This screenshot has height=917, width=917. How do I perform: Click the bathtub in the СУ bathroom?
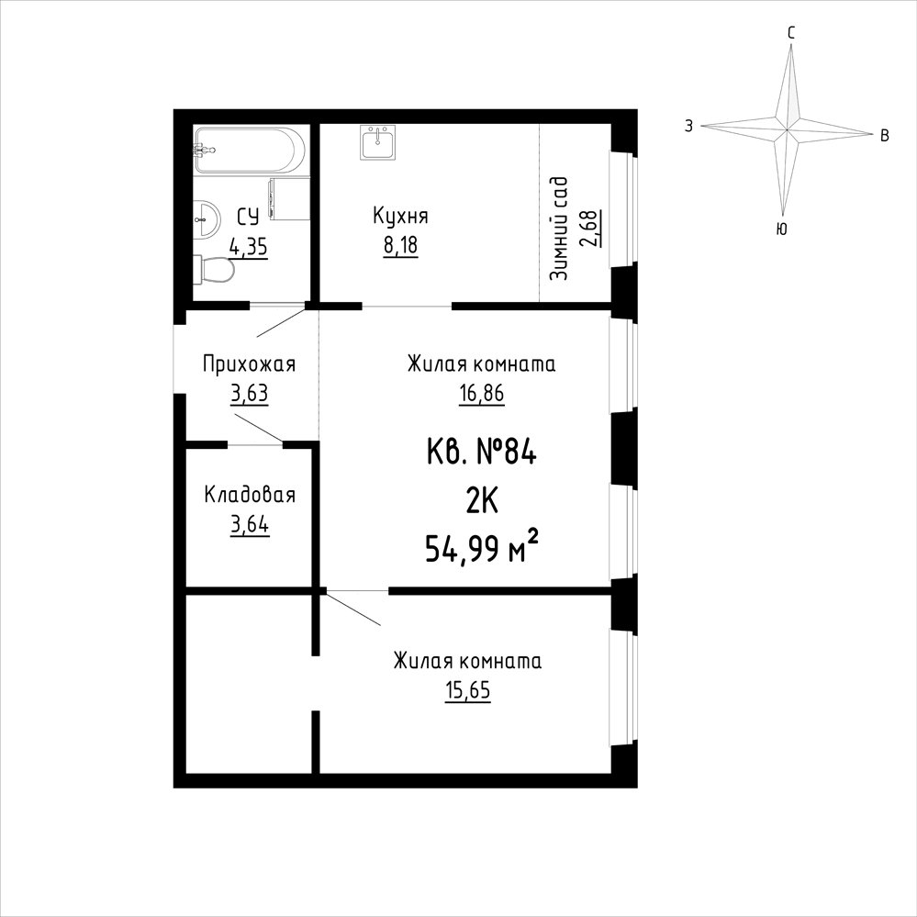point(250,150)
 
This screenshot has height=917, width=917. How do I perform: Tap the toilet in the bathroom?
point(214,270)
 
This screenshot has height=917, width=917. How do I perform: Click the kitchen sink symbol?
point(378,142)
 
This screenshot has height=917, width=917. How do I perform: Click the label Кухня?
point(400,216)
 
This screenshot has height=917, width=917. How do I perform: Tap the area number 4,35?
point(249,247)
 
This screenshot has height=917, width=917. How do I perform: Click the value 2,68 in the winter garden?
point(590,228)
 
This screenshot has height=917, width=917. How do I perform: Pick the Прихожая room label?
point(249,363)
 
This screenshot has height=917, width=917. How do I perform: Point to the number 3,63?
point(250,393)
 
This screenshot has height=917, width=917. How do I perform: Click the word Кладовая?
point(250,495)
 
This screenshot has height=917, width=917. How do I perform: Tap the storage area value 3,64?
point(250,524)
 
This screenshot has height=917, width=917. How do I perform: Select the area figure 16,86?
point(481,393)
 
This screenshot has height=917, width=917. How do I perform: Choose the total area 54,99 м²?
point(481,548)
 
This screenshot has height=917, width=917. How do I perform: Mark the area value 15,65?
point(468,690)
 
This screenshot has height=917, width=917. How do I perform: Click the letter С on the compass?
point(790,33)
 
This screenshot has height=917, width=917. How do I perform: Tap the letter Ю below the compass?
point(781,229)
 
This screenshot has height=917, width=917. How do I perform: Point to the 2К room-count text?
point(482,501)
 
